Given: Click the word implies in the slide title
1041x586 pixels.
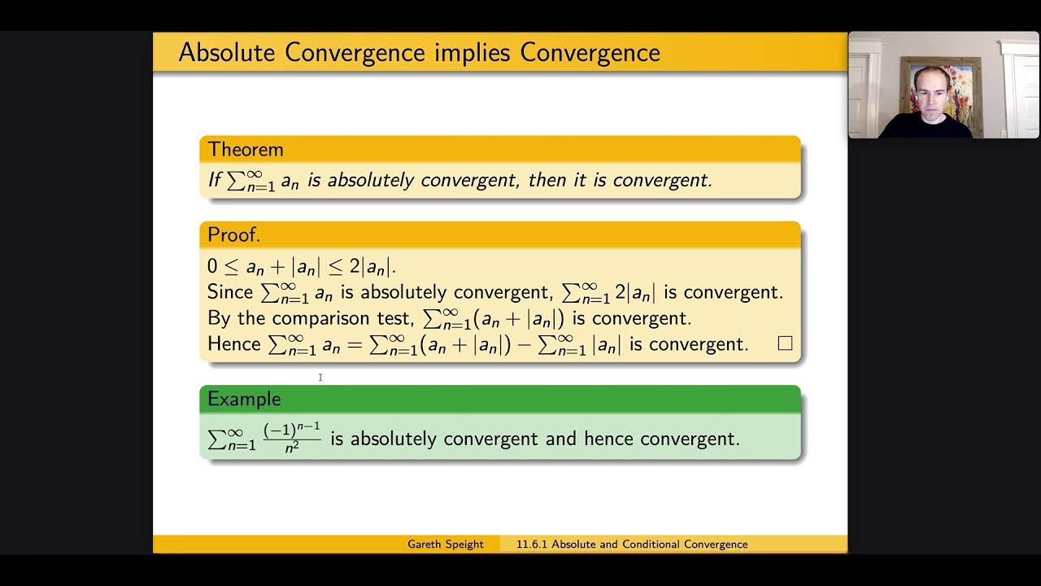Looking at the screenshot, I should [x=473, y=54].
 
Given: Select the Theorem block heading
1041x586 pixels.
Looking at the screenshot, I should [x=246, y=150].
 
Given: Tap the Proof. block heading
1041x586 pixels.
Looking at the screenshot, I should [x=234, y=235].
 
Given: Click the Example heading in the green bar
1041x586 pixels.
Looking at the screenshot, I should [x=244, y=399].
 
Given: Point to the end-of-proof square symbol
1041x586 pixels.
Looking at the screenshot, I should [x=785, y=343].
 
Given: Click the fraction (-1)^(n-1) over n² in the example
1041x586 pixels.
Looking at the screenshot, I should [x=292, y=438].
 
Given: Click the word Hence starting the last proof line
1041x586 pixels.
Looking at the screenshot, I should [x=234, y=344].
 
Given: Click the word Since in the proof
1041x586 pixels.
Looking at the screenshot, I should [x=231, y=292].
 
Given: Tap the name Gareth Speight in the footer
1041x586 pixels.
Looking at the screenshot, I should [x=446, y=544].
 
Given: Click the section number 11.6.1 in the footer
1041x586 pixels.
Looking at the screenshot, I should [x=532, y=544].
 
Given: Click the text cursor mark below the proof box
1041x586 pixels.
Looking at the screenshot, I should [x=320, y=377].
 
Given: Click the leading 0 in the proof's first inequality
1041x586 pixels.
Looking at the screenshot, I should [x=212, y=267].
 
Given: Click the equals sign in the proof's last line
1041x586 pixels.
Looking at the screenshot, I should [x=355, y=344].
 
